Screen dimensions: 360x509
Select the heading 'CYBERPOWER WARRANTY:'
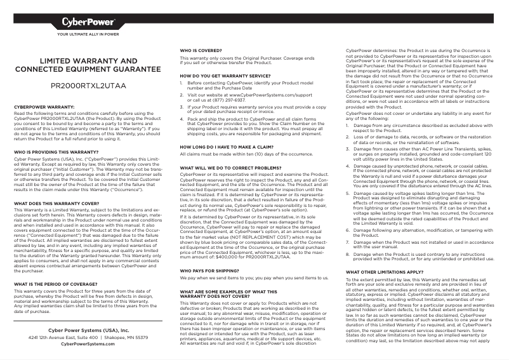point(44,107)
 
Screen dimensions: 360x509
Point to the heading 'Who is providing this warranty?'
point(56,153)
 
